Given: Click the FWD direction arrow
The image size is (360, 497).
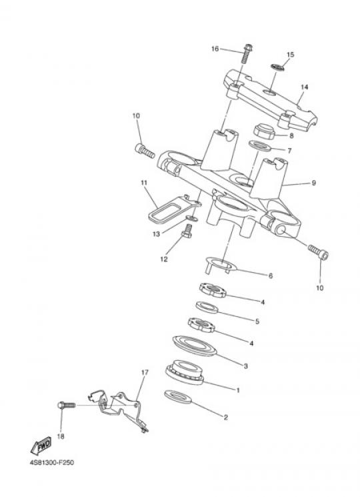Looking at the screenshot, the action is pos(41,446).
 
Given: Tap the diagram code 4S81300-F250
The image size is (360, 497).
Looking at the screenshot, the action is pos(52,462).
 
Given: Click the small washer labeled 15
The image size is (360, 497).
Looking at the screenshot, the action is pos(277,67).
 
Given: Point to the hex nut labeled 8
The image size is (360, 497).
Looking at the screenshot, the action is pos(265,131).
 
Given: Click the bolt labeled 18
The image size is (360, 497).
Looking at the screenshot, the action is pos(66,406).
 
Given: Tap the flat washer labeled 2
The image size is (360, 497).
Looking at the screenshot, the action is pos(178,397).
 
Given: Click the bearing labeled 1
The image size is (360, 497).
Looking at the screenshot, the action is pos(185,372).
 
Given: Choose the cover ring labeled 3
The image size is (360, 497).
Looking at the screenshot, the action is pos(195,346).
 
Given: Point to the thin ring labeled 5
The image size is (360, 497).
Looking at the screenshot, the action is pos(207,307).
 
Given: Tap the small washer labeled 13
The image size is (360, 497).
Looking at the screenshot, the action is pos(191,218).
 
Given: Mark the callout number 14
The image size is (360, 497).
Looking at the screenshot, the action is pos(304,87).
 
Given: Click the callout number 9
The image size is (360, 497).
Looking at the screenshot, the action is pos(314,183).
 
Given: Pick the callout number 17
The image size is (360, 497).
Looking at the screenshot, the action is pos(145,372).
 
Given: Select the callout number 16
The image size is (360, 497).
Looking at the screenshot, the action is pos(215,49).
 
